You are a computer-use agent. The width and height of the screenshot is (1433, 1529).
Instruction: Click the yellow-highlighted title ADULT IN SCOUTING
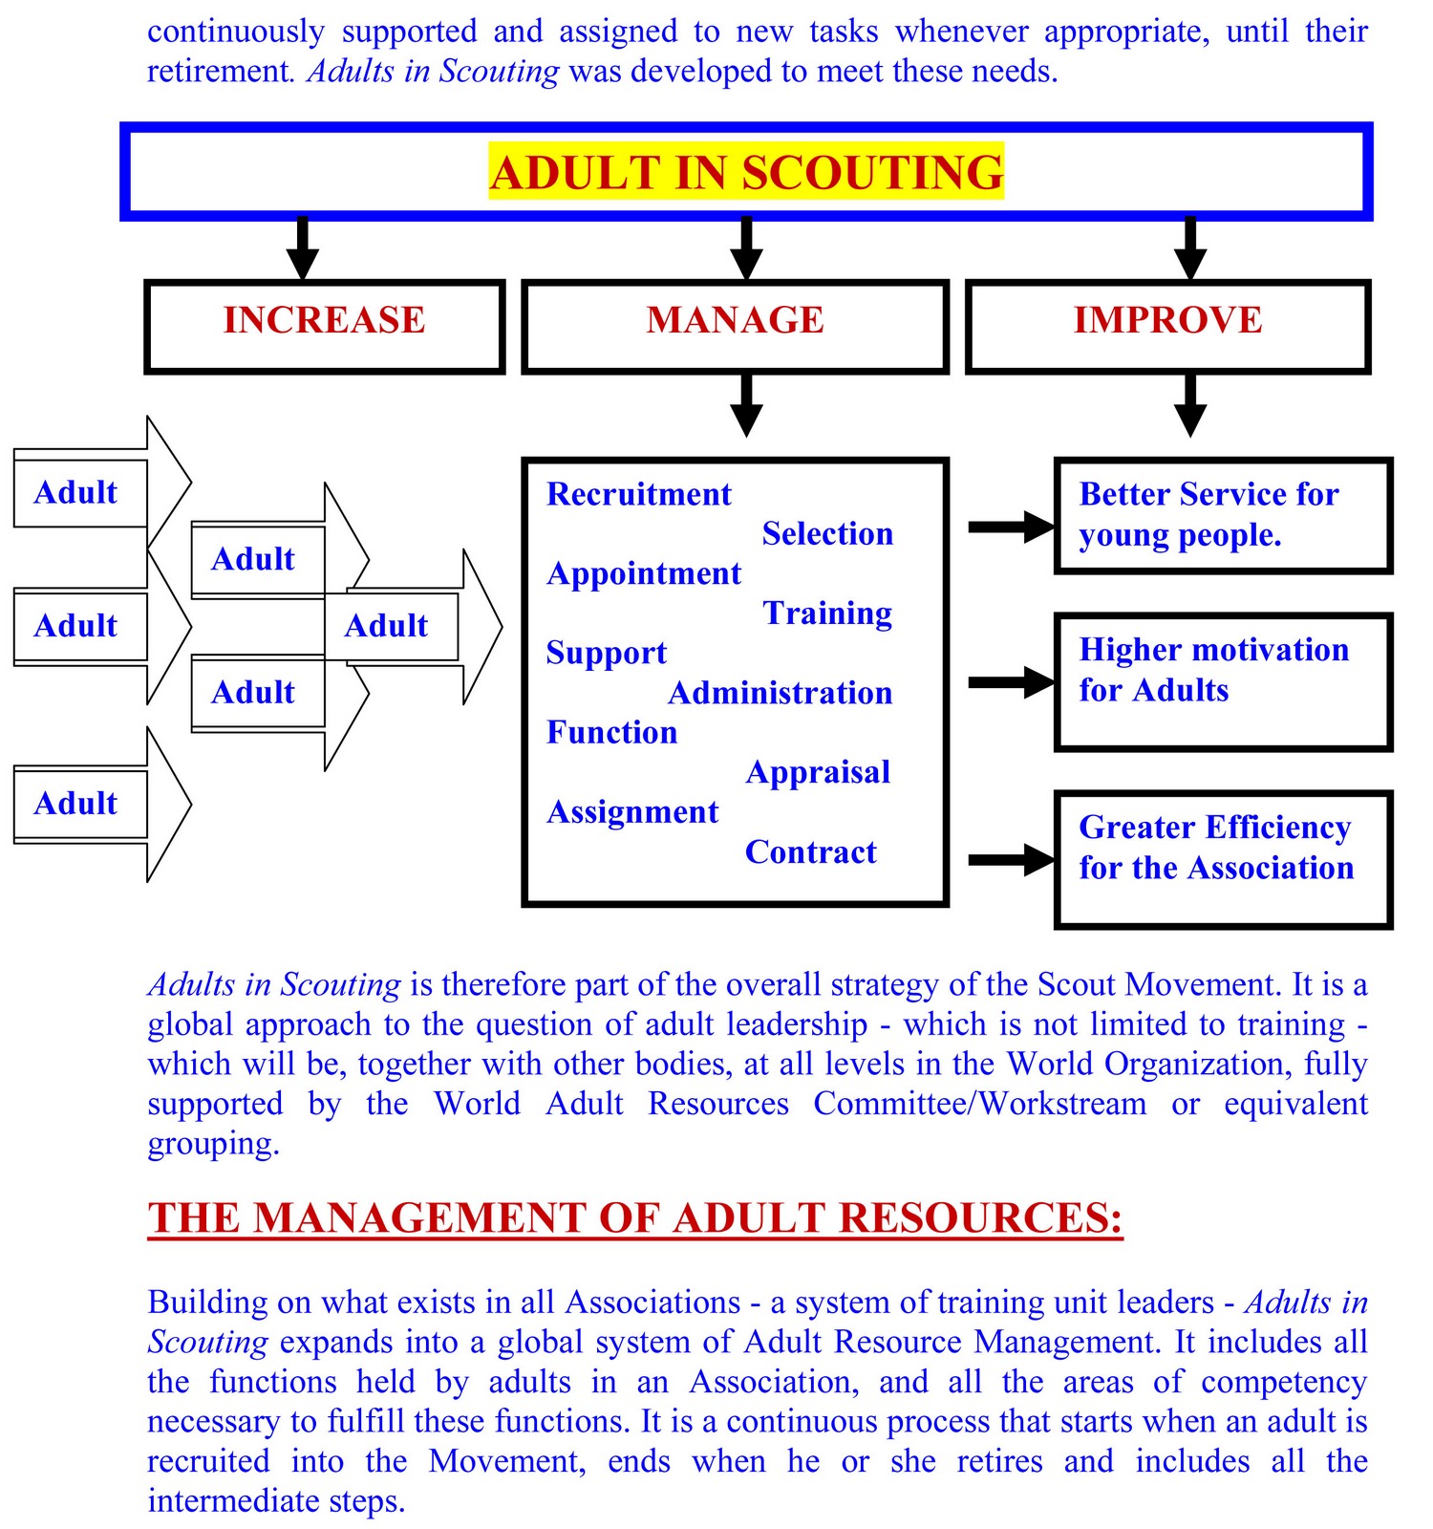coord(746,172)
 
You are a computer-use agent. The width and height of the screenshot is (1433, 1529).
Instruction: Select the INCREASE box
coord(324,325)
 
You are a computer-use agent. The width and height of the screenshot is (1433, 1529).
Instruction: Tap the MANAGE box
coord(735,325)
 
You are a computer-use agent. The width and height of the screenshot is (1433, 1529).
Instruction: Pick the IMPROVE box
coord(1167,325)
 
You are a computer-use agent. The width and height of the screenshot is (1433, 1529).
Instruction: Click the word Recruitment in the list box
coord(638,494)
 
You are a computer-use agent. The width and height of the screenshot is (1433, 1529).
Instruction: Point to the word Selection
coord(827,533)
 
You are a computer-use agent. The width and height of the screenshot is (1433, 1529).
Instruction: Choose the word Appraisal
coord(818,772)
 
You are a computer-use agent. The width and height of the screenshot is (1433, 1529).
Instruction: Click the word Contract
coord(810,851)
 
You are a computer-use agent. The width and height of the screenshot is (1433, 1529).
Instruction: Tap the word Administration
coord(780,693)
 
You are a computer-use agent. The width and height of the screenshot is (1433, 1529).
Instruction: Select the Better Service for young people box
coord(1223,515)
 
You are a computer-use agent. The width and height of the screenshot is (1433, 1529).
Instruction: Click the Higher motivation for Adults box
coord(1223,681)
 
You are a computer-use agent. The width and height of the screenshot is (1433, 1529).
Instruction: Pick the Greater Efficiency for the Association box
coord(1223,858)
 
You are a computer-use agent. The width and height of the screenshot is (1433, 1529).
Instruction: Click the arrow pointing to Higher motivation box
coord(1011,682)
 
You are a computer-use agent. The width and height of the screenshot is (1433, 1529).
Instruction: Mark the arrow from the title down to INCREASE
coord(303,248)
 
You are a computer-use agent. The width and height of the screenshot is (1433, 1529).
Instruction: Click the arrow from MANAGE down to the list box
coord(746,405)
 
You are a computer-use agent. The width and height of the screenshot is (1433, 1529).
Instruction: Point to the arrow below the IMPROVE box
coord(1189,405)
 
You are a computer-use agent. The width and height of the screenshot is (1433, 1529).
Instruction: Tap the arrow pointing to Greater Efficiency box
coord(1011,859)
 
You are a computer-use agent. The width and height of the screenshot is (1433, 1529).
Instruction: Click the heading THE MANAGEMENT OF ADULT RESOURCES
coord(635,1218)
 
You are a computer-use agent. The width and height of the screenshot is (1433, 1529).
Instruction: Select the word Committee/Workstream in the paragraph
coord(979,1104)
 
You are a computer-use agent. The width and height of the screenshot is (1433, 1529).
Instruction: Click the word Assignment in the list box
coord(632,812)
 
